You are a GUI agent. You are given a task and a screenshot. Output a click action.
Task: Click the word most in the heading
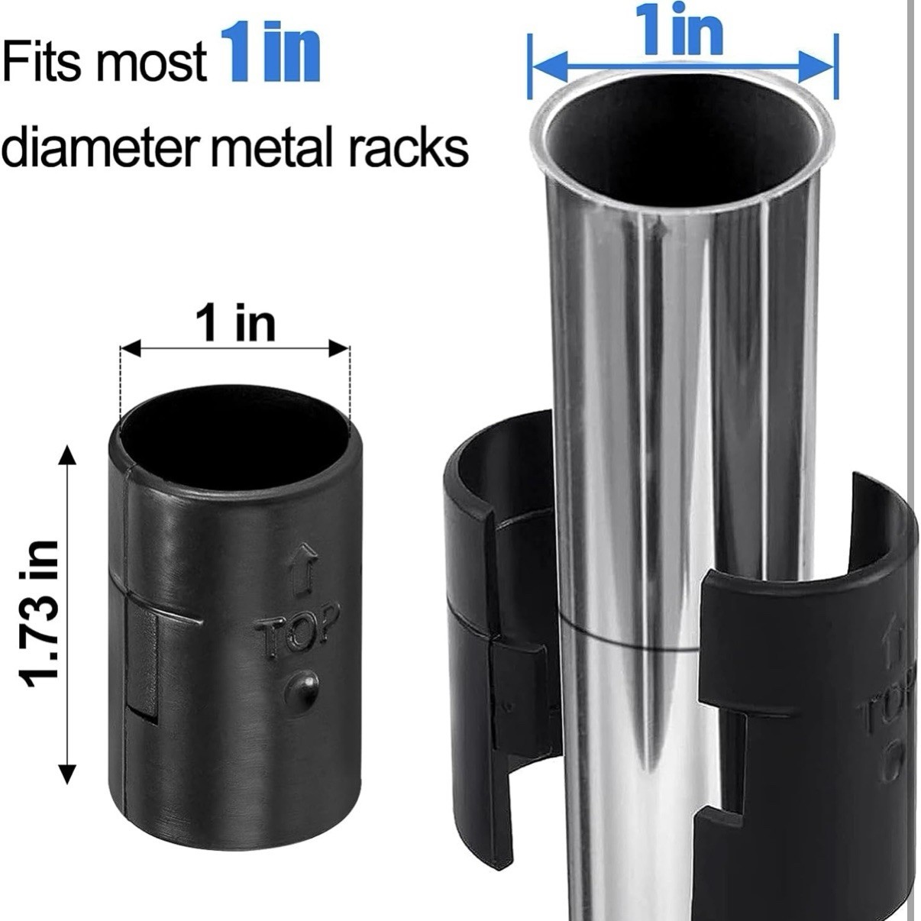152,63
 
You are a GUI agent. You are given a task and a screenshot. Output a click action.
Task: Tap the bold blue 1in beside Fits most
270,53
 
